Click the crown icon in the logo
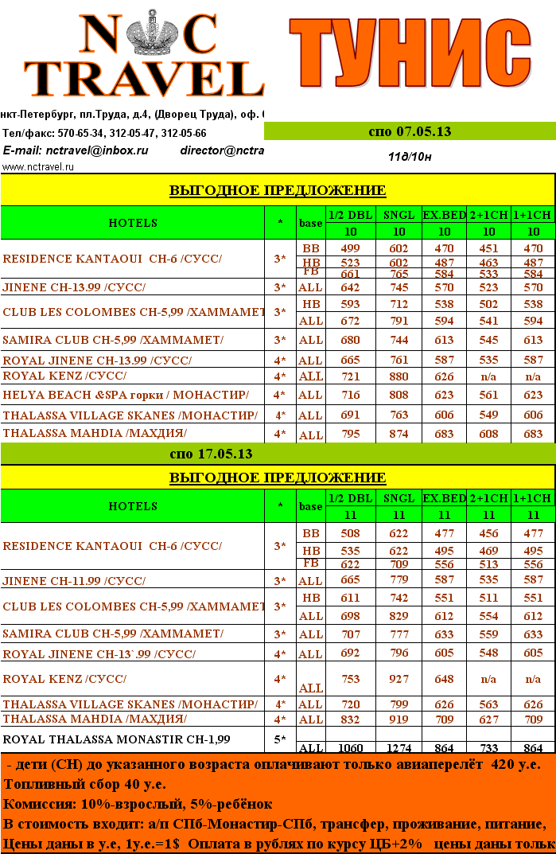coord(143,33)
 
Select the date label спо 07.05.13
coord(410,131)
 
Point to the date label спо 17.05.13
coord(211,454)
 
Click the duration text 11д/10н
coord(410,156)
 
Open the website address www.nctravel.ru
coord(38,167)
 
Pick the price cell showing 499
coord(350,248)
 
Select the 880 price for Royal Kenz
coord(399,376)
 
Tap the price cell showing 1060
coord(350,748)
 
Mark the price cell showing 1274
coord(399,748)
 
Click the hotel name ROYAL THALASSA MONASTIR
coord(117,739)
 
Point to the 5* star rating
coord(279,739)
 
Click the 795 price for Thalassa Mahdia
coord(350,434)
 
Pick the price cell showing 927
coord(399,679)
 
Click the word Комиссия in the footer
coord(37,804)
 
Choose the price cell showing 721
coord(350,376)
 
